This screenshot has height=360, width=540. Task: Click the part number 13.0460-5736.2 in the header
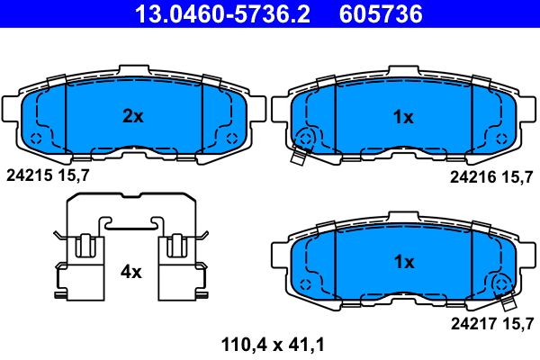click(x=222, y=14)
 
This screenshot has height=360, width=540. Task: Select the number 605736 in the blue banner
click(x=381, y=14)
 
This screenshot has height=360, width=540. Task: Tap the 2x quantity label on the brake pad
click(x=133, y=116)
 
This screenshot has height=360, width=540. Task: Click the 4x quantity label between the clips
click(x=130, y=273)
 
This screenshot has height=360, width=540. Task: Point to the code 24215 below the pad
click(x=30, y=176)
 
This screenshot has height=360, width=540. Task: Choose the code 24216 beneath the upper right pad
click(x=473, y=177)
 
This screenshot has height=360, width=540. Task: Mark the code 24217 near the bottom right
click(x=474, y=324)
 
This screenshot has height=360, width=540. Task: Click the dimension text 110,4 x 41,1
click(x=273, y=345)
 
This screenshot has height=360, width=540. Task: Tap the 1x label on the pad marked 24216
click(x=403, y=118)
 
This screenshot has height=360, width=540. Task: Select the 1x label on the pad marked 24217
click(x=404, y=263)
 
